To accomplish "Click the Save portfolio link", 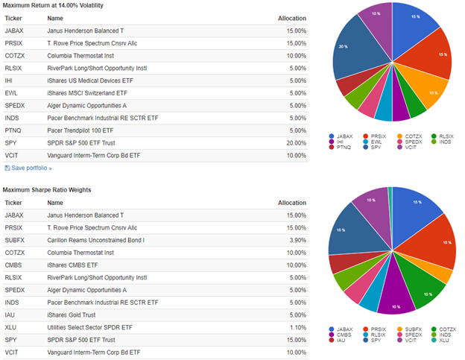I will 31,168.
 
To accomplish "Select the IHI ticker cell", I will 10,80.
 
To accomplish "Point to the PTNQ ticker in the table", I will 13,130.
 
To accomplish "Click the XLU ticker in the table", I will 11,327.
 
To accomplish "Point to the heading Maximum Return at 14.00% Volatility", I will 52,5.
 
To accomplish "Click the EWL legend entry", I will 379,141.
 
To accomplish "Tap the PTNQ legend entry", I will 343,147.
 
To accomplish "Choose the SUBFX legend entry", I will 411,329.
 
